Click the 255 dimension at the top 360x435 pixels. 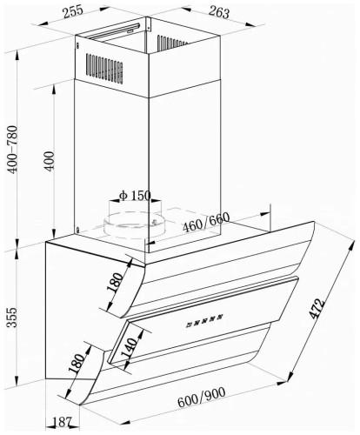[73, 11]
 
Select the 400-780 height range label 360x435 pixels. [13, 150]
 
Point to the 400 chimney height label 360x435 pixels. [49, 161]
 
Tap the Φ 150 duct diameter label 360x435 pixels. [135, 196]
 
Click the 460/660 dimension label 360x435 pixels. [206, 222]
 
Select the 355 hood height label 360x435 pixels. [12, 318]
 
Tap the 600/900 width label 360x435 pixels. [201, 398]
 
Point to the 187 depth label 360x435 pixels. [63, 422]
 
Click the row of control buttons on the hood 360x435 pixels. [204, 319]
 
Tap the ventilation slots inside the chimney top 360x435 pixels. [172, 43]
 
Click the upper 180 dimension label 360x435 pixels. [115, 282]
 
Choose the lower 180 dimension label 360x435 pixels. [77, 363]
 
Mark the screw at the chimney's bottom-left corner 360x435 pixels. [78, 230]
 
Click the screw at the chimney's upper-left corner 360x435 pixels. [77, 45]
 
